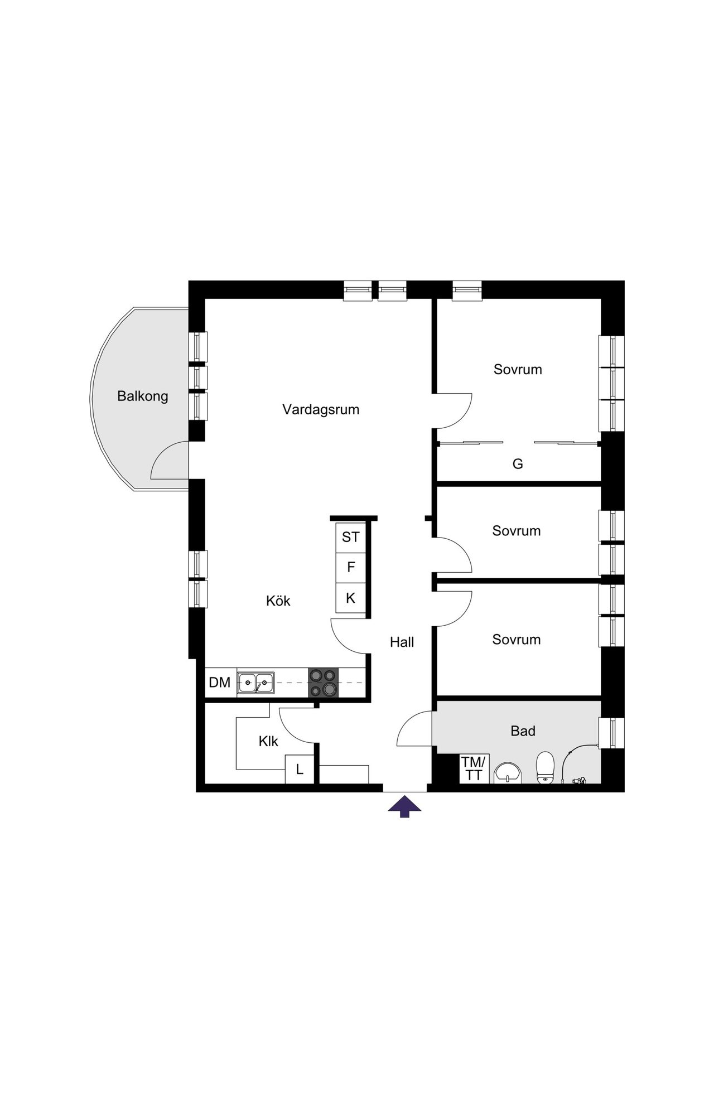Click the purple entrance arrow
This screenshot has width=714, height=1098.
[x=404, y=806]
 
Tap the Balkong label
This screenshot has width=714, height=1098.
[x=142, y=396]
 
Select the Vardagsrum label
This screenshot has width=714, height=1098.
[x=321, y=410]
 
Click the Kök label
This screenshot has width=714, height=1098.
[x=278, y=601]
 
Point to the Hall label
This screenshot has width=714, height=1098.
[x=402, y=642]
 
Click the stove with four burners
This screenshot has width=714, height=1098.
[x=324, y=683]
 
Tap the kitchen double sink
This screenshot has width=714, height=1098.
[x=255, y=683]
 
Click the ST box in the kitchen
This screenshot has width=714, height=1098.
[x=350, y=537]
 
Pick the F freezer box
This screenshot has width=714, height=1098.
[x=350, y=567]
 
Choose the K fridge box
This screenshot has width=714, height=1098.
[x=350, y=598]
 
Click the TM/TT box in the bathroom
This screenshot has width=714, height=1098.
[x=474, y=768]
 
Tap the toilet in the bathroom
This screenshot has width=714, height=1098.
[x=545, y=767]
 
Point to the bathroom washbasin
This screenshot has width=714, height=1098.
[x=507, y=773]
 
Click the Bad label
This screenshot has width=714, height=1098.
[x=523, y=731]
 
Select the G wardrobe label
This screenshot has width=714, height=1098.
[x=518, y=464]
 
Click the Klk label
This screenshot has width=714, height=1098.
[x=268, y=742]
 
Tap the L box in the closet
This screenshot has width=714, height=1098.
[x=300, y=770]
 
